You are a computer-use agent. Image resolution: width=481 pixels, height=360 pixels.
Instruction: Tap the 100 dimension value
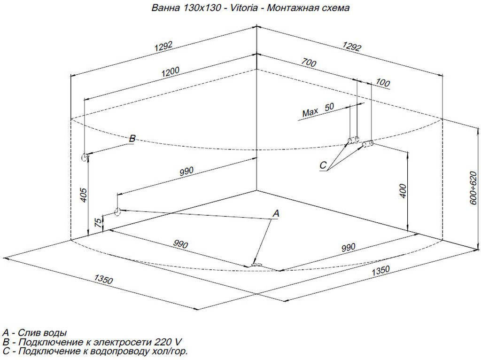pyautogui.click(x=383, y=83)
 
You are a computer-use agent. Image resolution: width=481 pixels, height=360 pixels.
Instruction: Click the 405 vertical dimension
pyautogui.click(x=83, y=195)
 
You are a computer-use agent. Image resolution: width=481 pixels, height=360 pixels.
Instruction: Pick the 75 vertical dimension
pyautogui.click(x=97, y=223)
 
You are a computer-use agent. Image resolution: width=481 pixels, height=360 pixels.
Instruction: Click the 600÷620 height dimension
pyautogui.click(x=473, y=188)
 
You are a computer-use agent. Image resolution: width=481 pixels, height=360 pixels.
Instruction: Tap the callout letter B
pyautogui.click(x=132, y=139)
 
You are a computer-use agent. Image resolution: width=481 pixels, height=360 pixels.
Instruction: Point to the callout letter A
pyautogui.click(x=276, y=214)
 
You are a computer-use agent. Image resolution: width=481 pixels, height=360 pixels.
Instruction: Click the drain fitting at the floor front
pyautogui.click(x=257, y=265)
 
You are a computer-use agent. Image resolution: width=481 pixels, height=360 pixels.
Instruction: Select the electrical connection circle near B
pyautogui.click(x=85, y=157)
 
